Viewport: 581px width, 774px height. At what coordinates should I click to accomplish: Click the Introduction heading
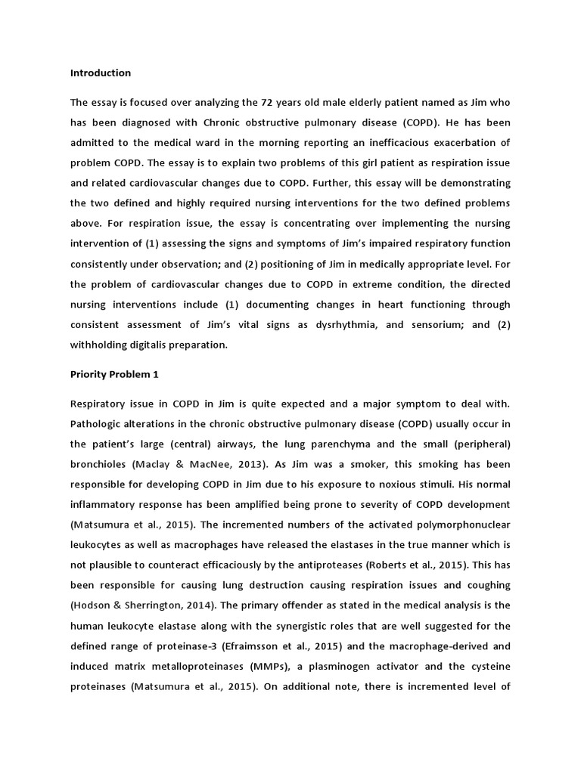[101, 73]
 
